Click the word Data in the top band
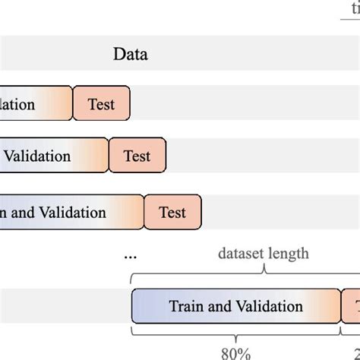(131, 54)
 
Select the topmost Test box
(102, 104)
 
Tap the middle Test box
(137, 156)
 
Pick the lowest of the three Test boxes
(173, 213)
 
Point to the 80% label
(235, 352)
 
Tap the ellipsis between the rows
(130, 257)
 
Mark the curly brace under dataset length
(264, 273)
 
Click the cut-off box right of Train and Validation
(352, 306)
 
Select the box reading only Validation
(53, 156)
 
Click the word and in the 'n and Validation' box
(23, 213)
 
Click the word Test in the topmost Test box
(102, 104)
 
